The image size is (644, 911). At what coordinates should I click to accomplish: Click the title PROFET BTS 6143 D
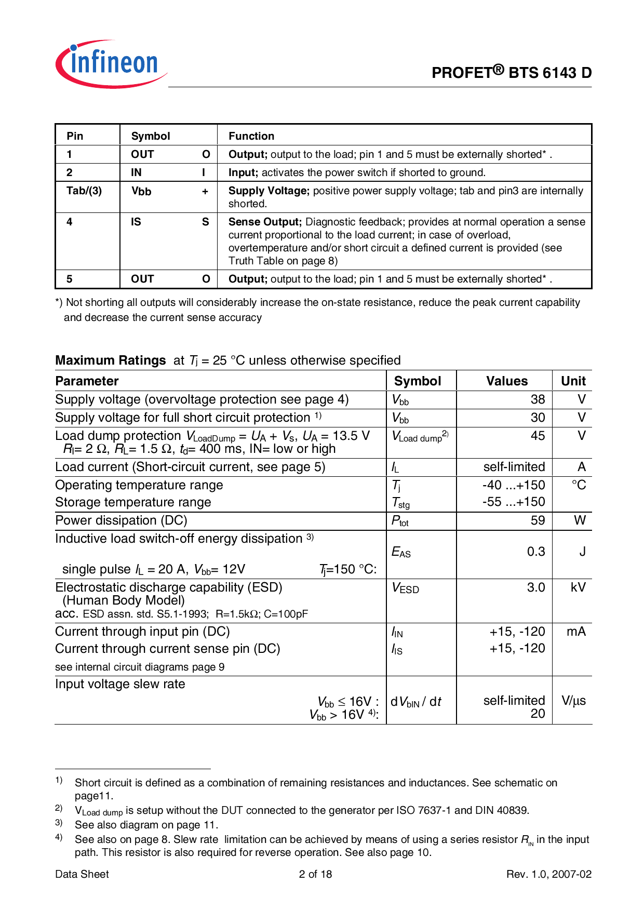click(x=511, y=73)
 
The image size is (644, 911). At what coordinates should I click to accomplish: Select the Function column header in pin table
click(x=251, y=136)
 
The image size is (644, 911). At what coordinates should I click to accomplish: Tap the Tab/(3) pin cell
click(x=84, y=191)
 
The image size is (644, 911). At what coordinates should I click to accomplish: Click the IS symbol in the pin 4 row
click(x=136, y=222)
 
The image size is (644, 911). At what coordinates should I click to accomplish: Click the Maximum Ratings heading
click(x=111, y=360)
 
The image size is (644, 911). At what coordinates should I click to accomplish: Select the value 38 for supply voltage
click(x=538, y=399)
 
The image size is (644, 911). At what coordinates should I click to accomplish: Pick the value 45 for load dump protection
click(x=538, y=436)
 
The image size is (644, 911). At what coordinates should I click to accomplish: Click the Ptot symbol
click(x=400, y=521)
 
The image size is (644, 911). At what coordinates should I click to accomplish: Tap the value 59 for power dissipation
click(x=538, y=520)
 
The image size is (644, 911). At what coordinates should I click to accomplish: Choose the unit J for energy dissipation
click(x=582, y=552)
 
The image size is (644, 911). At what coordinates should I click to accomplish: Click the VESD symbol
click(x=405, y=588)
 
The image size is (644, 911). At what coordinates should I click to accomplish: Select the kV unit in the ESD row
click(x=578, y=587)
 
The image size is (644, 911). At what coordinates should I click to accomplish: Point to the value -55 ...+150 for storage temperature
click(x=514, y=502)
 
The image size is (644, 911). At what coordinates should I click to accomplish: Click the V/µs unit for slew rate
click(x=573, y=701)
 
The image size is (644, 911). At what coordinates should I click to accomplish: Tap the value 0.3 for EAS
click(x=536, y=552)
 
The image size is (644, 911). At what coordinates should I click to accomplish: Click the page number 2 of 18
click(x=315, y=874)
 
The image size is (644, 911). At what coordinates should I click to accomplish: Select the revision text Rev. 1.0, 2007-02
click(x=549, y=874)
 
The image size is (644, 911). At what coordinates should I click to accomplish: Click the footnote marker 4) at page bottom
click(x=59, y=837)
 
